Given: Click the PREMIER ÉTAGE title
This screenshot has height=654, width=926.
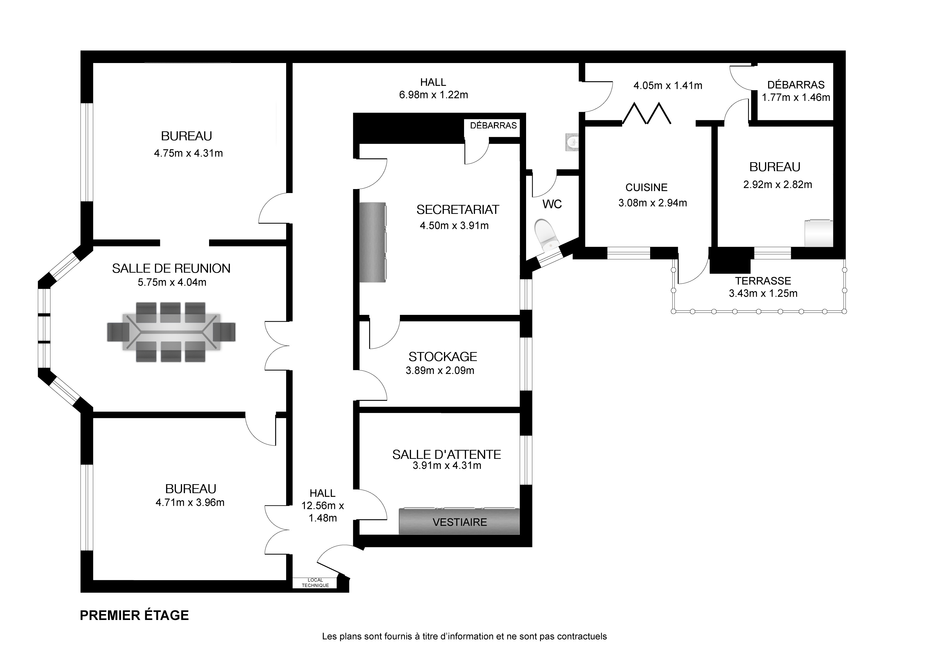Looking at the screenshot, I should click(x=134, y=615).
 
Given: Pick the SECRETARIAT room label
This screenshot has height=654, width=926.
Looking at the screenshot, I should click(x=457, y=210).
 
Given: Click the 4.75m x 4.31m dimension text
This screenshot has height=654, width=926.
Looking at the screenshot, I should click(x=188, y=153).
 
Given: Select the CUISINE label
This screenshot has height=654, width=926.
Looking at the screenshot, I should click(x=646, y=187).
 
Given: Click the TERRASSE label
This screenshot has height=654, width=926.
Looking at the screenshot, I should click(x=763, y=281).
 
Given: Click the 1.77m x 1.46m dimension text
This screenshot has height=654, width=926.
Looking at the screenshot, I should click(x=796, y=98).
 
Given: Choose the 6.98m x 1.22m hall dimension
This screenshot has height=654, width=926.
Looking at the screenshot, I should click(x=433, y=95).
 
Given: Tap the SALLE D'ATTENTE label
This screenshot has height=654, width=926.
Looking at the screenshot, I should click(x=446, y=455).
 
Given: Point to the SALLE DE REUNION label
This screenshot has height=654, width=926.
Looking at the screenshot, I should click(x=171, y=268).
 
